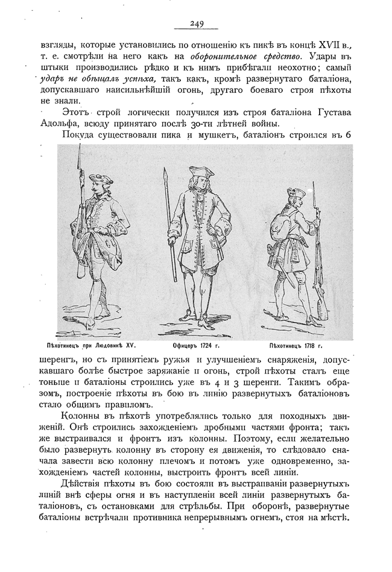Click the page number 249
coord(196,24)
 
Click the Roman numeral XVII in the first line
coord(325,45)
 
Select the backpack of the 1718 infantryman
coord(283,217)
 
